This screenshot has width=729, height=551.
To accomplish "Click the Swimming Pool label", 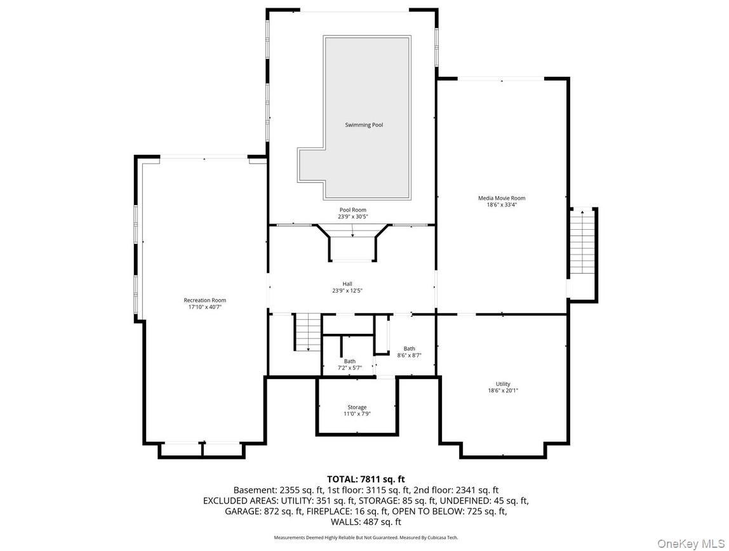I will tap(364, 125).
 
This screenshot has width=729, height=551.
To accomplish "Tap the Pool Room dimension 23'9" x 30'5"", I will tap(352, 216).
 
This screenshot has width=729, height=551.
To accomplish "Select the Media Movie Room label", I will tap(502, 198).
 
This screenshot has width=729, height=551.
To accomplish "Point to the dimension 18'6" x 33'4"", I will tap(502, 205).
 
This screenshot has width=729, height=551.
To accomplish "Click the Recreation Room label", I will tap(204, 300).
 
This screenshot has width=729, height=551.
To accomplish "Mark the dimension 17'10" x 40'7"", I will tap(204, 307).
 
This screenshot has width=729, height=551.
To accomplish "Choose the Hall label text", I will tap(347, 284).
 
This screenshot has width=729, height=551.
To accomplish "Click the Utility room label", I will tap(503, 384).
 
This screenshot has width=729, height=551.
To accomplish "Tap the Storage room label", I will tap(356, 408).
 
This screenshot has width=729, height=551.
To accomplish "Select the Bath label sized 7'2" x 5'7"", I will tap(350, 361).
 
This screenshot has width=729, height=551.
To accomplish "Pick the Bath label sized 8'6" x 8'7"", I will tap(410, 349).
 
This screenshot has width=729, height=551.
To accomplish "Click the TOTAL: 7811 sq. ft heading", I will tap(366, 479).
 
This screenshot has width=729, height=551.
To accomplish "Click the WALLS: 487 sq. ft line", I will tap(366, 522).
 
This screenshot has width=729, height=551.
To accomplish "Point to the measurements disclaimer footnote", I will tap(366, 538).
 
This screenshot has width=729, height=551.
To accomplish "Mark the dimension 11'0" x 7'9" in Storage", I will tap(356, 414).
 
